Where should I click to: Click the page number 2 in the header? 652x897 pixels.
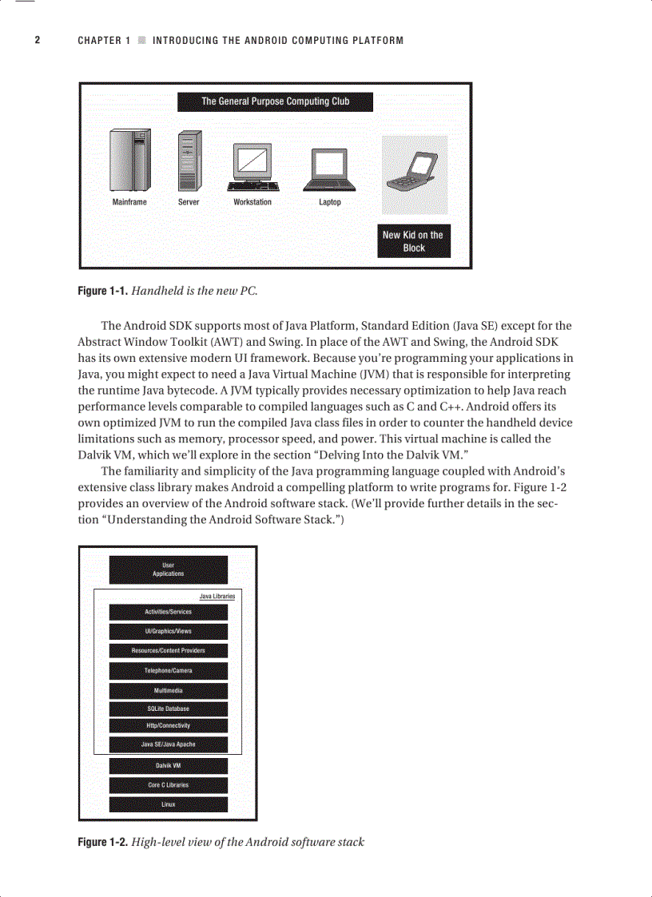pyautogui.click(x=37, y=40)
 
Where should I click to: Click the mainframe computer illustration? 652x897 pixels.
pyautogui.click(x=129, y=161)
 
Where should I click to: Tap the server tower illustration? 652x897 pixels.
pyautogui.click(x=189, y=161)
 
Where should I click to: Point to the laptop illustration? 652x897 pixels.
pyautogui.click(x=330, y=169)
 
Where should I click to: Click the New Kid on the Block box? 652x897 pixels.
pyautogui.click(x=413, y=241)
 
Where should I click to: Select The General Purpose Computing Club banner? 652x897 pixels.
pyautogui.click(x=275, y=101)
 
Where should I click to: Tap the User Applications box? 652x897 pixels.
pyautogui.click(x=168, y=570)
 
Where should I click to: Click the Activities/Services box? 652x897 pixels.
pyautogui.click(x=168, y=612)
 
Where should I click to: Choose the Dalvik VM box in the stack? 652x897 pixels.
pyautogui.click(x=168, y=765)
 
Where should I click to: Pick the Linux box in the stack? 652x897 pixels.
pyautogui.click(x=168, y=804)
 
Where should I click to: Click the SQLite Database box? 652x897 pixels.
pyautogui.click(x=168, y=708)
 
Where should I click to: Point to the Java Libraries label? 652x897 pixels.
pyautogui.click(x=217, y=596)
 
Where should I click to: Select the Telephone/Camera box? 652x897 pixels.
pyautogui.click(x=168, y=671)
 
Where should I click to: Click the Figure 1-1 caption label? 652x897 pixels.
pyautogui.click(x=102, y=292)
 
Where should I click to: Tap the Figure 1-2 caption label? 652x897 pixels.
pyautogui.click(x=102, y=842)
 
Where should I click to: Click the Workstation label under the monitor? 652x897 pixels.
pyautogui.click(x=252, y=202)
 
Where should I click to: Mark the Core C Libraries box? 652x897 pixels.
pyautogui.click(x=168, y=785)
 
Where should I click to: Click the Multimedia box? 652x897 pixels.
pyautogui.click(x=168, y=690)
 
